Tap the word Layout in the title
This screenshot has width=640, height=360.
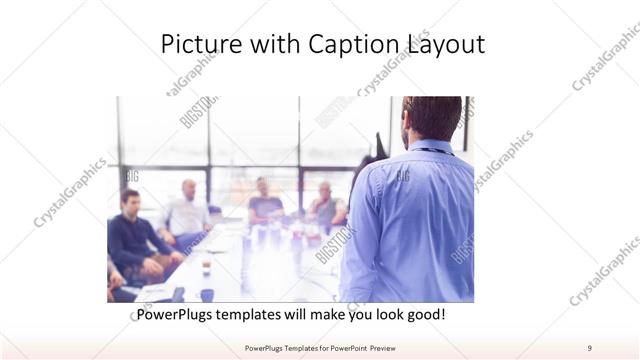[x=444, y=45]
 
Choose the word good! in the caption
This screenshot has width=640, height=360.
[x=424, y=315]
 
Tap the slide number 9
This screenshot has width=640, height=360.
[x=589, y=347]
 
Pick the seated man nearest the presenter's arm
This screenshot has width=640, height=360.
[x=326, y=205]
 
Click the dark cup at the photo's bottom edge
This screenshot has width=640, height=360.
[x=207, y=295]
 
